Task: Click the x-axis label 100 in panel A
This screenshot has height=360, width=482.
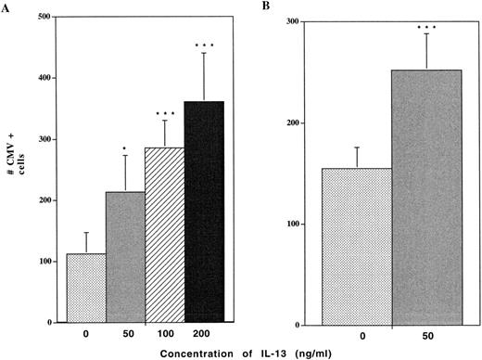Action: [165, 330]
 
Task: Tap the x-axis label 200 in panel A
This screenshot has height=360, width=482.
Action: [205, 330]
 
